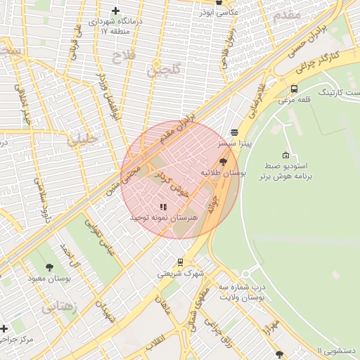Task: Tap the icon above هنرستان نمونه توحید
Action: (163, 207)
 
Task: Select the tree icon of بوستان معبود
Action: (49, 266)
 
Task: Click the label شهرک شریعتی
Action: (180, 274)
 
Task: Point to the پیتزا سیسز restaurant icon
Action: (233, 131)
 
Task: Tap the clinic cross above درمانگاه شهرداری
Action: (115, 11)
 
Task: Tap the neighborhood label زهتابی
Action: (59, 307)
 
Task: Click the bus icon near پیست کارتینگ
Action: (294, 89)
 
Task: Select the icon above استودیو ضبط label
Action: (285, 155)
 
